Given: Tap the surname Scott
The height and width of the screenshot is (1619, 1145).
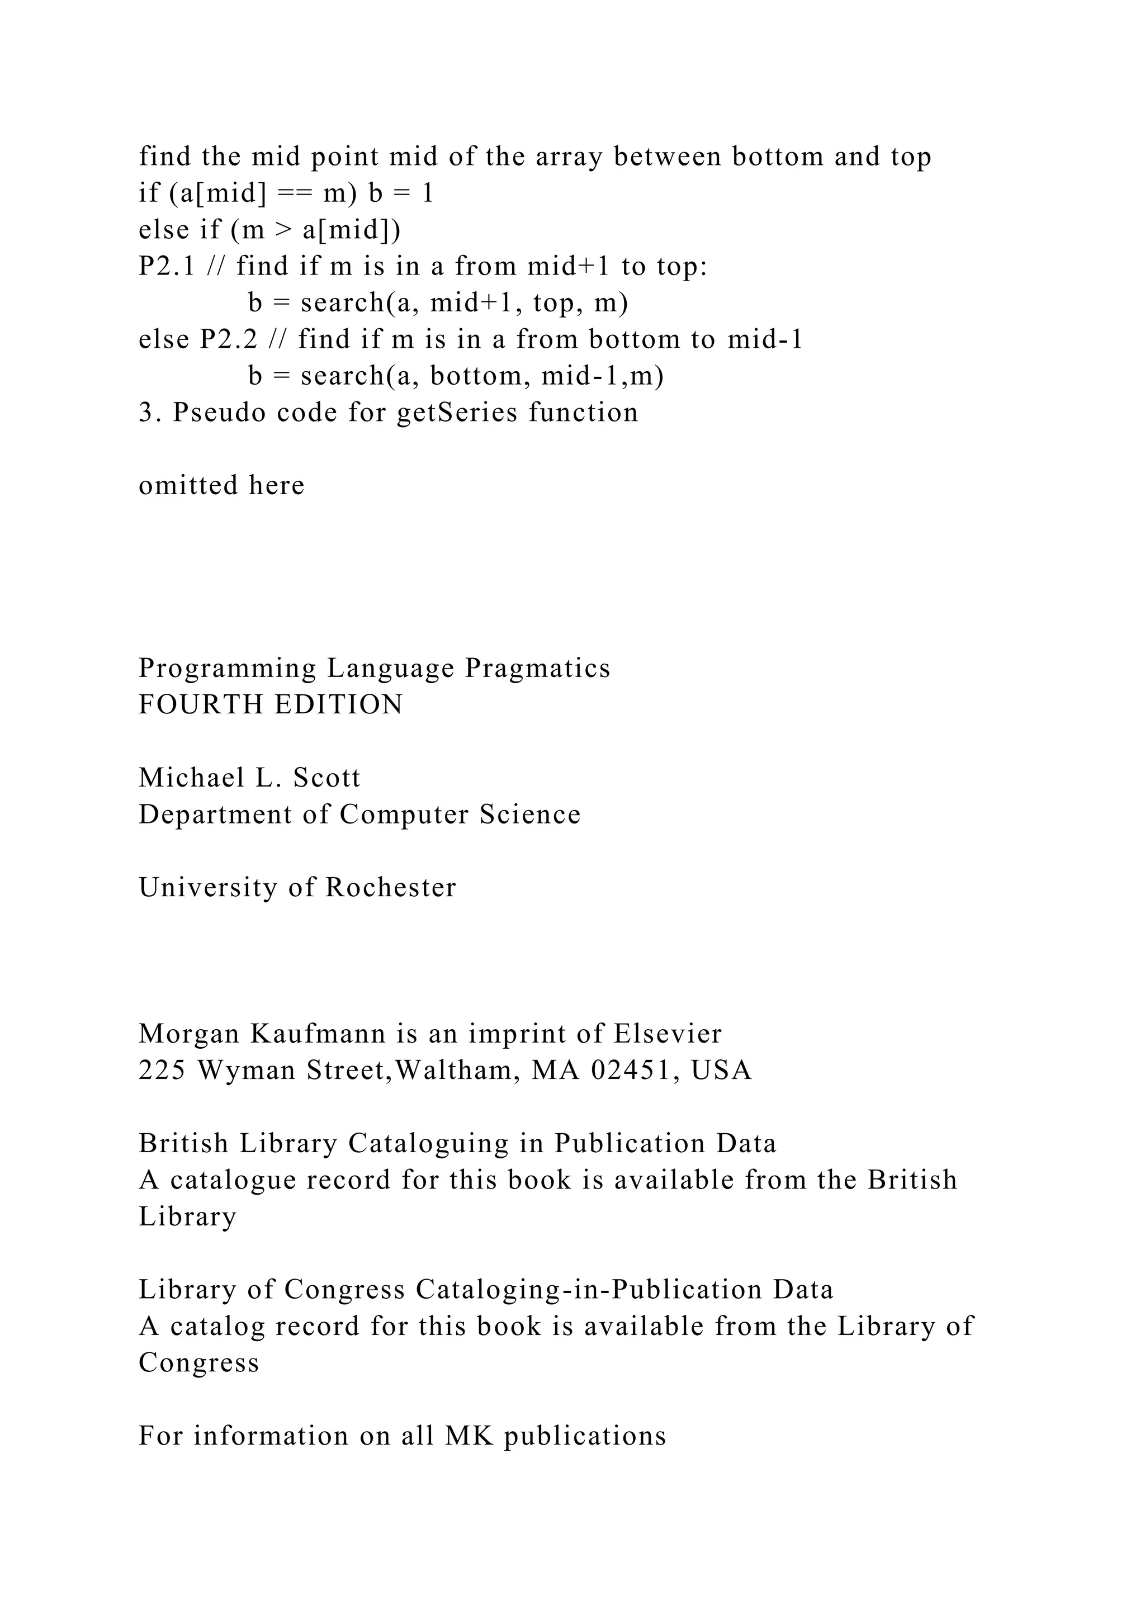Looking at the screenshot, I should point(327,778).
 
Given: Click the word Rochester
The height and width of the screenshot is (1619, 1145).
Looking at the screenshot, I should point(391,888).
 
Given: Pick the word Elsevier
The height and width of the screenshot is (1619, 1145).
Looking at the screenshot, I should point(668,1034).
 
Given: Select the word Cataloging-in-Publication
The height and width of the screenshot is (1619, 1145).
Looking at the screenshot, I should point(589,1290).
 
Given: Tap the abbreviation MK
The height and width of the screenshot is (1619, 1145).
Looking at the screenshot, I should point(469,1436).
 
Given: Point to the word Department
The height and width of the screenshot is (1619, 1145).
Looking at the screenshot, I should point(214,815).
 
